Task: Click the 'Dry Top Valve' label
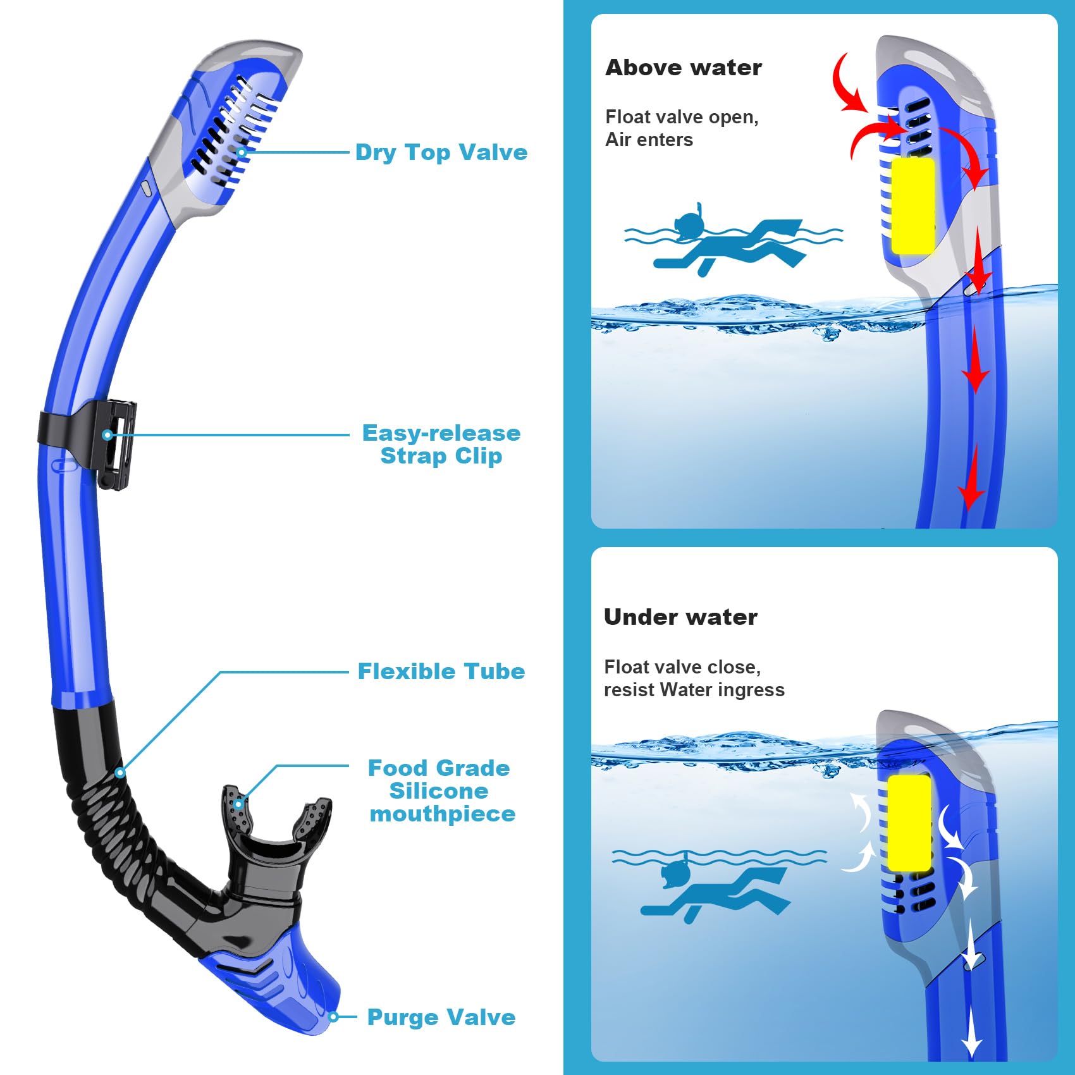[441, 152]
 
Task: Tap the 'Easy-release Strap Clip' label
[441, 445]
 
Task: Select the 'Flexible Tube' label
[441, 672]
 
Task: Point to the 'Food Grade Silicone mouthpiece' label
[441, 791]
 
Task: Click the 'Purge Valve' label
[441, 1017]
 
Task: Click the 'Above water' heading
[684, 68]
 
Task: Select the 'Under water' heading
[680, 617]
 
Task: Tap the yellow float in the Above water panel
[912, 206]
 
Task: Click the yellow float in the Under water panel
[909, 823]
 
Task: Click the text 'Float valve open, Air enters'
[681, 128]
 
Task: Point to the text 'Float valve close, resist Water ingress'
[694, 679]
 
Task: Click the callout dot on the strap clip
[107, 435]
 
